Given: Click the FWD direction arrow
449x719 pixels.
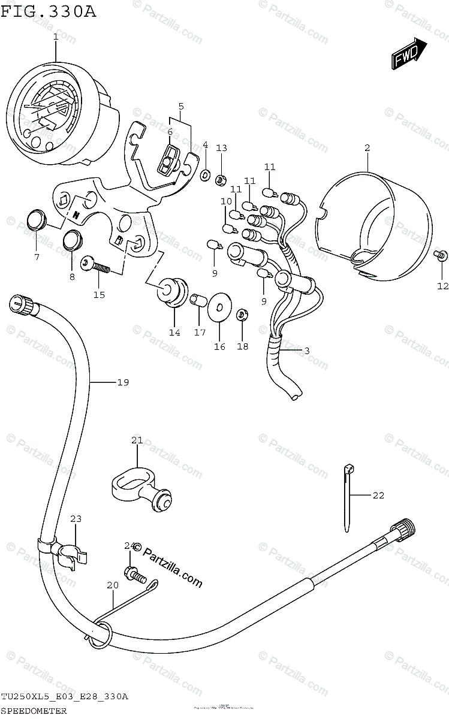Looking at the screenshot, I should click(409, 54).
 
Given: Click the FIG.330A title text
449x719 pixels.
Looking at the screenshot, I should click(49, 11).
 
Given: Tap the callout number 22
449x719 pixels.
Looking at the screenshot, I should click(378, 495).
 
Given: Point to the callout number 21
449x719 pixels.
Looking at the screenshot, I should click(137, 441).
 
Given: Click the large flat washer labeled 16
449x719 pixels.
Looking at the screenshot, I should click(219, 307).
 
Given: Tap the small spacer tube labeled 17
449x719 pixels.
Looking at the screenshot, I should click(198, 299).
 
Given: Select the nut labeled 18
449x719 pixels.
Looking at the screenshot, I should click(242, 313).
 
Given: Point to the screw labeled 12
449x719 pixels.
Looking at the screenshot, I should click(440, 255).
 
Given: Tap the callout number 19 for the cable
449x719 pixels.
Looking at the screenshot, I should click(123, 382).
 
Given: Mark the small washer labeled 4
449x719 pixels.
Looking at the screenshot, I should click(204, 175).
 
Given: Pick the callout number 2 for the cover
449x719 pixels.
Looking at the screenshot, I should click(367, 147).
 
